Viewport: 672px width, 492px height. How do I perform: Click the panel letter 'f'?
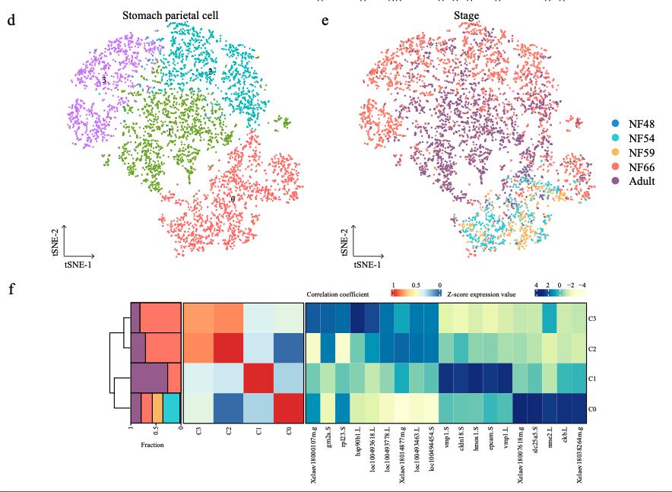[x=11, y=290]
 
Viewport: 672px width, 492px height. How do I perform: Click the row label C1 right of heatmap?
[x=592, y=379]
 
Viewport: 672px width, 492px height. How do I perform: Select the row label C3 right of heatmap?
[x=592, y=318]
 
